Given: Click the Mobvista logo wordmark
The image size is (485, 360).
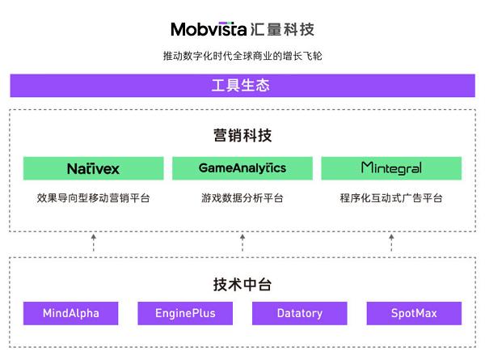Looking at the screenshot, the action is (x=209, y=29).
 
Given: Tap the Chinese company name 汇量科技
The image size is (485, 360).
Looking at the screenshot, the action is (x=282, y=30).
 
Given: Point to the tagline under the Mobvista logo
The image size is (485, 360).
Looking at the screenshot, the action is (x=242, y=56).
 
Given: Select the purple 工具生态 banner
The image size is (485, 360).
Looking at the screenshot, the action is (x=242, y=86).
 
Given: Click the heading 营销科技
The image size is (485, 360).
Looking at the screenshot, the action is (x=242, y=135).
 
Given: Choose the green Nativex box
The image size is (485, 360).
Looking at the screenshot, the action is (x=94, y=168).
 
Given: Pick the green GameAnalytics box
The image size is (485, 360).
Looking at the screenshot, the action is (x=242, y=168).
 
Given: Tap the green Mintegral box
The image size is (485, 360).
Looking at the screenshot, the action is (x=391, y=168).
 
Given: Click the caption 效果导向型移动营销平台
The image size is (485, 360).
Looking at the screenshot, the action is (x=94, y=198).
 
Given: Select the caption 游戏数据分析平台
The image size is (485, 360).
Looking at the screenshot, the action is (x=242, y=198).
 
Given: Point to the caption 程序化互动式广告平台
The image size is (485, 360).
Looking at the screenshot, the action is (x=391, y=198).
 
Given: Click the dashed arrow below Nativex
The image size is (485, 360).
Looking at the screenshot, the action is (x=94, y=243).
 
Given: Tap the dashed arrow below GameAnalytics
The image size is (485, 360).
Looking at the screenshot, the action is (x=242, y=243).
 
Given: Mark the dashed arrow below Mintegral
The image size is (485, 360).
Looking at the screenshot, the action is (x=391, y=243).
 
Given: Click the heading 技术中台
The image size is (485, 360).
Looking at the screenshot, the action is (x=242, y=284).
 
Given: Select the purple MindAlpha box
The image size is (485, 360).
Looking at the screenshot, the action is (x=71, y=313).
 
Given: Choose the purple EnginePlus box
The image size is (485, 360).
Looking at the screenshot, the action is (x=185, y=313).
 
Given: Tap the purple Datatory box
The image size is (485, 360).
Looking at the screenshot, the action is (x=300, y=313).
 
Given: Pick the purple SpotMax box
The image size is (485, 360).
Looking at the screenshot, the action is (x=414, y=313).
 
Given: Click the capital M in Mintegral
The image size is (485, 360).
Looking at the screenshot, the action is (x=366, y=167).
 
